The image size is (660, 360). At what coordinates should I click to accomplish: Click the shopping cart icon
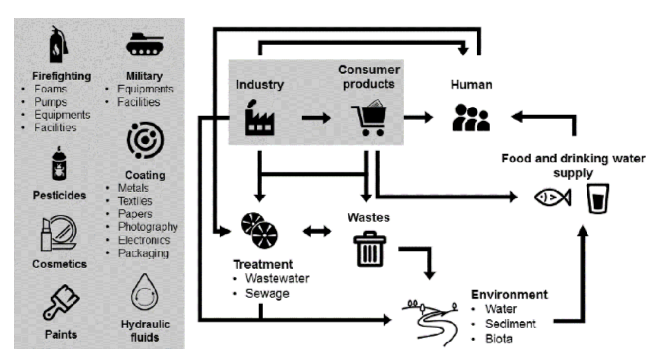click(x=370, y=117)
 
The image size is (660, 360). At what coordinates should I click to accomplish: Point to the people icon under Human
click(x=471, y=118)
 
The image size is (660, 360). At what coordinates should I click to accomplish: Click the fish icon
click(x=552, y=197)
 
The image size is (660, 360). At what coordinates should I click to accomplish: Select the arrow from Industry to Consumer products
click(x=316, y=118)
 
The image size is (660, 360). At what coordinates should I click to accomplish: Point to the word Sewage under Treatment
click(x=267, y=293)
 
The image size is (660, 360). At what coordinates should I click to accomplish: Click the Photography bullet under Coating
click(x=147, y=227)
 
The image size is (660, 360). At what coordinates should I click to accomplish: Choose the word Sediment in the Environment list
click(x=510, y=324)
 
